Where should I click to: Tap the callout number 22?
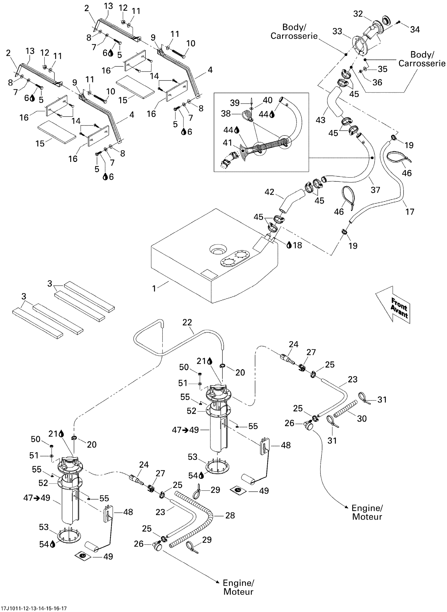pyautogui.click(x=187, y=322)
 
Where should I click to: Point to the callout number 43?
pyautogui.click(x=320, y=120)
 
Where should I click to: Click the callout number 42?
pyautogui.click(x=269, y=192)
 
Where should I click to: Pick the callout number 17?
pyautogui.click(x=410, y=212)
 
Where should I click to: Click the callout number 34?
pyautogui.click(x=415, y=29)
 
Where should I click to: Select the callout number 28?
pyautogui.click(x=230, y=516)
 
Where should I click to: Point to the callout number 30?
pyautogui.click(x=362, y=419)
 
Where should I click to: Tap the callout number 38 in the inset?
pyautogui.click(x=226, y=114)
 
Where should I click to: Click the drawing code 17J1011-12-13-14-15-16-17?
pyautogui.click(x=34, y=609)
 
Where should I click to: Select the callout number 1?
pyautogui.click(x=154, y=289)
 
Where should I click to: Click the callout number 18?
pyautogui.click(x=297, y=245)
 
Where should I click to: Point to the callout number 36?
pyautogui.click(x=377, y=82)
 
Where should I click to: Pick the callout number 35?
pyautogui.click(x=383, y=69)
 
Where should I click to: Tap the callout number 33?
pyautogui.click(x=337, y=31)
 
